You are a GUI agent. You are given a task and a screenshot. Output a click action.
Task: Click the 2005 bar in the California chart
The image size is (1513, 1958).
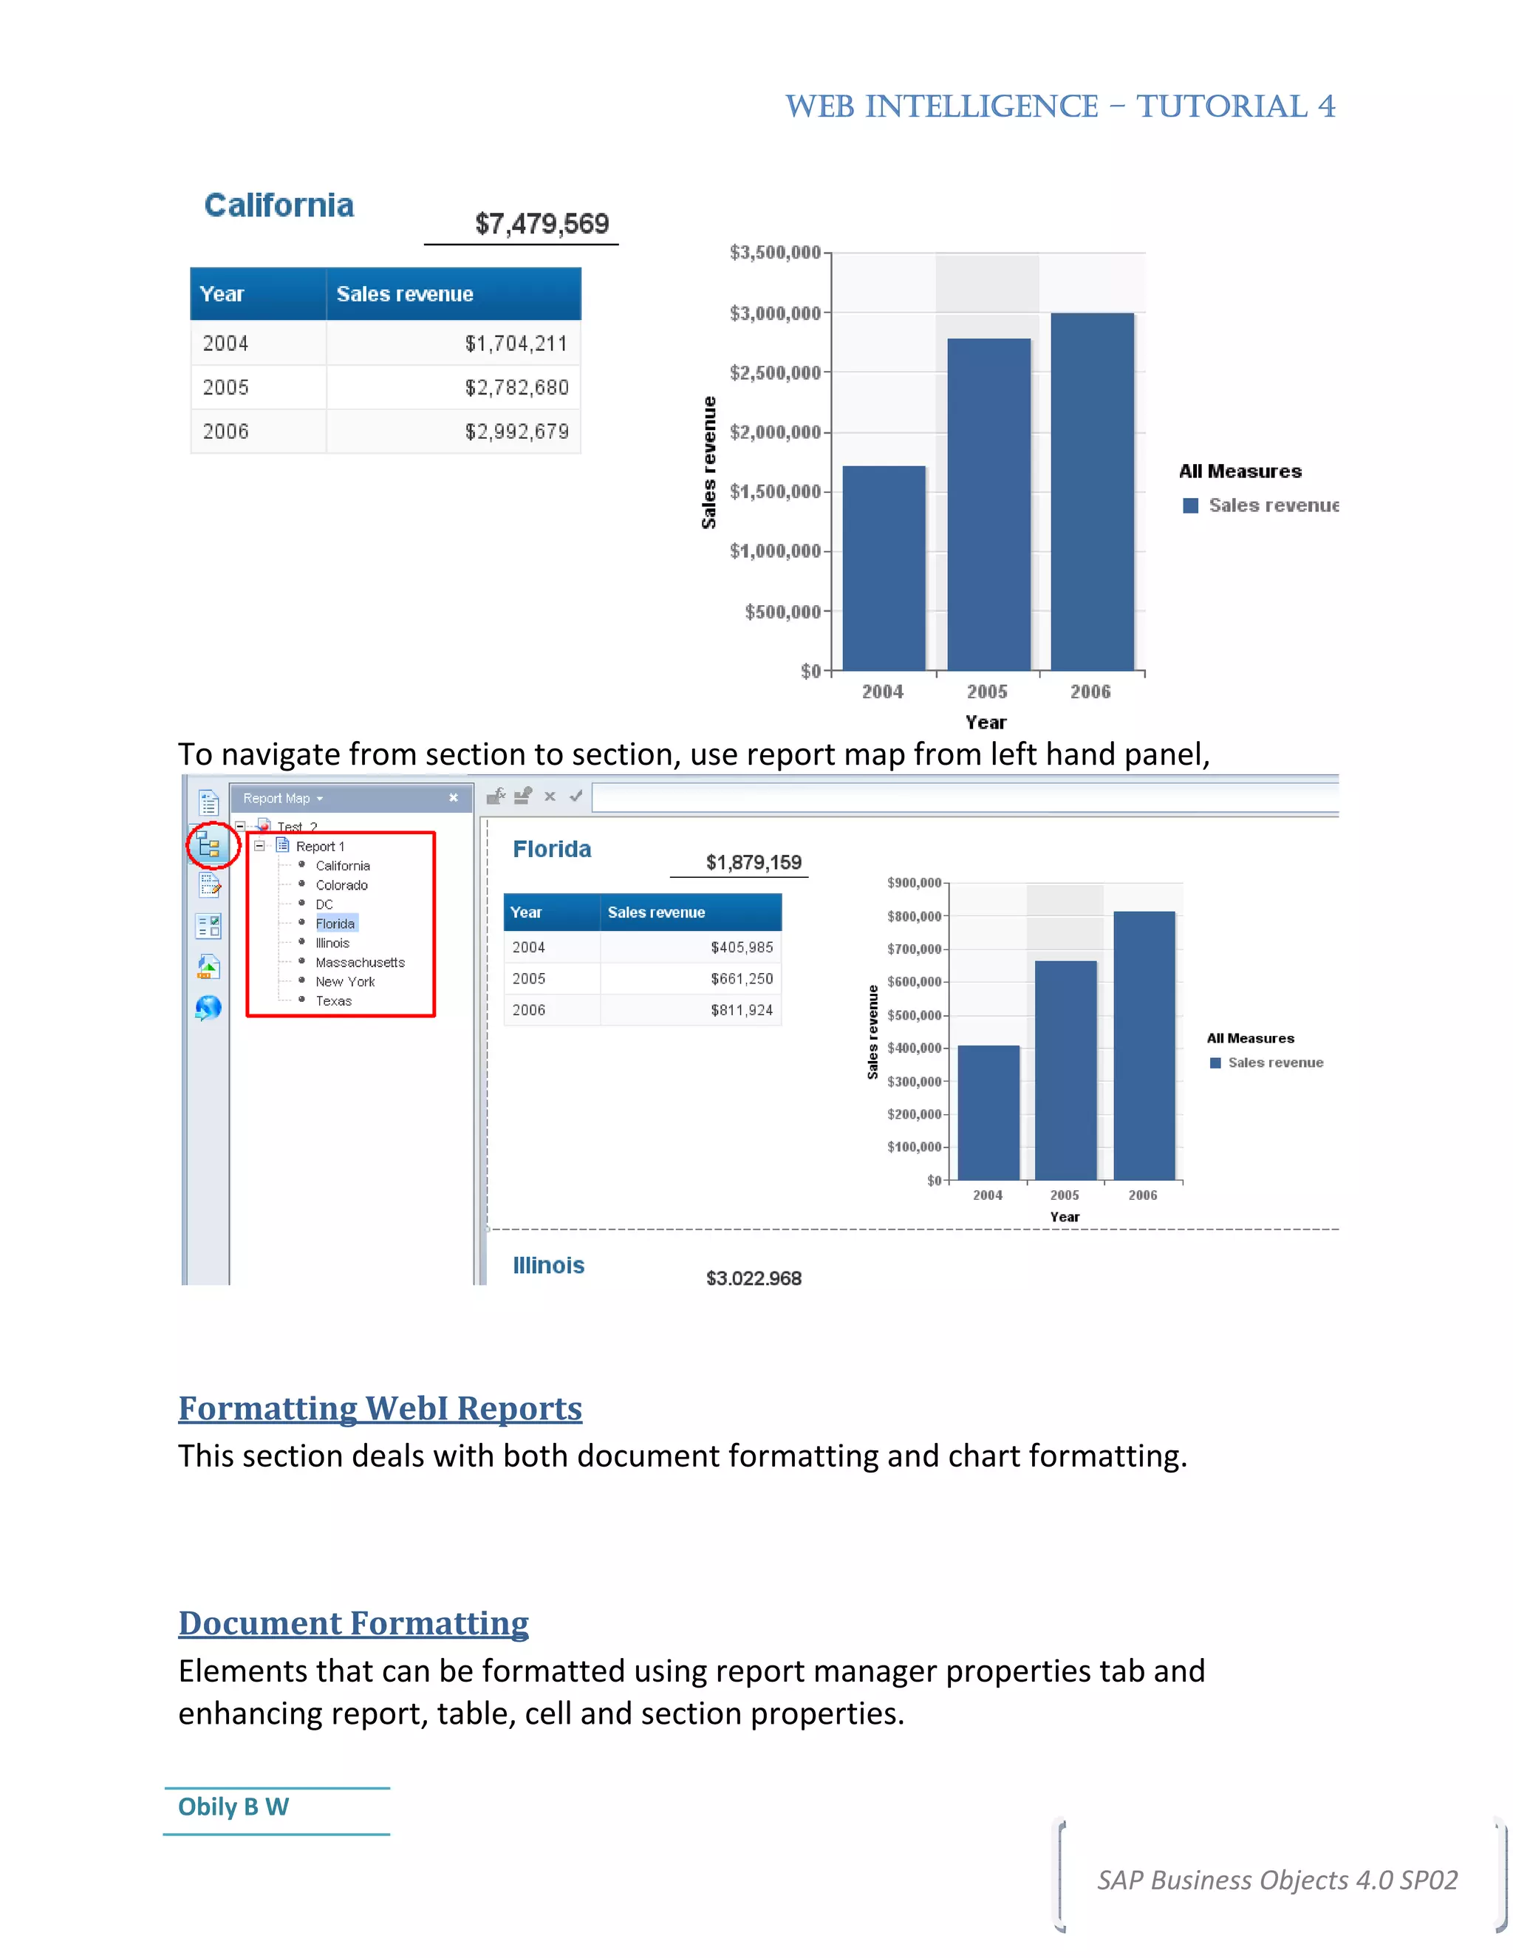pyautogui.click(x=988, y=504)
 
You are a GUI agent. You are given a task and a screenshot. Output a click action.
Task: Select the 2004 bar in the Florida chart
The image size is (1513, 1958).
pyautogui.click(x=988, y=1113)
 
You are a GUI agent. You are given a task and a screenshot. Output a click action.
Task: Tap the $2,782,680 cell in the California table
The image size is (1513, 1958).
pyautogui.click(x=516, y=387)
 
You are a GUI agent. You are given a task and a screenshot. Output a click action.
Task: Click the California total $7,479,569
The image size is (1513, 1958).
pyautogui.click(x=542, y=223)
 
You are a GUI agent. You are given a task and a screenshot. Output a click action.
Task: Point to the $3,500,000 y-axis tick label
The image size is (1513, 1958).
pyautogui.click(x=774, y=253)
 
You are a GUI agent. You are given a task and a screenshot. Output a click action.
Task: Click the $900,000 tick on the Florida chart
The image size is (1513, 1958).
pyautogui.click(x=913, y=883)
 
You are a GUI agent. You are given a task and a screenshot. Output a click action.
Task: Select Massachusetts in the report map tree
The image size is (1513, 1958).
pyautogui.click(x=360, y=963)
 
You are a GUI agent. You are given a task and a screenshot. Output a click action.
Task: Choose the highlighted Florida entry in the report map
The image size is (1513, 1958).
pyautogui.click(x=335, y=924)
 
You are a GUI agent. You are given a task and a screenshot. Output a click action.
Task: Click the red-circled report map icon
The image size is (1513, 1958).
pyautogui.click(x=210, y=845)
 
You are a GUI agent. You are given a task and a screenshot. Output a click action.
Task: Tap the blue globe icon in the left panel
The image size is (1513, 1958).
pyautogui.click(x=208, y=1009)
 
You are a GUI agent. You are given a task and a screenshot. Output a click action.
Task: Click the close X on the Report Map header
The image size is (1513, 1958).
pyautogui.click(x=454, y=798)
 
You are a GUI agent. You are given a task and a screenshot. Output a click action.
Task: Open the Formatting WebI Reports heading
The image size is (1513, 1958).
pyautogui.click(x=380, y=1408)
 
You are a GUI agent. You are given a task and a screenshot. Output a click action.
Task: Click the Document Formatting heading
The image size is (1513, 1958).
pyautogui.click(x=353, y=1623)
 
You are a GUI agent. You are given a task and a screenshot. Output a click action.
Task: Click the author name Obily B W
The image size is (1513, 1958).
pyautogui.click(x=233, y=1807)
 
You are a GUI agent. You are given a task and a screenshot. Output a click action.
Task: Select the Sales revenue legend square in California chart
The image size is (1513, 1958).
pyautogui.click(x=1190, y=505)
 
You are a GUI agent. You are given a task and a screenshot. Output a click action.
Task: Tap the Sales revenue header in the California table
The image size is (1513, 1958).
pyautogui.click(x=405, y=294)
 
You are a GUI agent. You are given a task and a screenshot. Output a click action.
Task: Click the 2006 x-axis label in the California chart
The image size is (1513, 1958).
pyautogui.click(x=1090, y=692)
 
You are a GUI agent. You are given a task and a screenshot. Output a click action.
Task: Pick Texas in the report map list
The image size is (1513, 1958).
pyautogui.click(x=333, y=1001)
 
